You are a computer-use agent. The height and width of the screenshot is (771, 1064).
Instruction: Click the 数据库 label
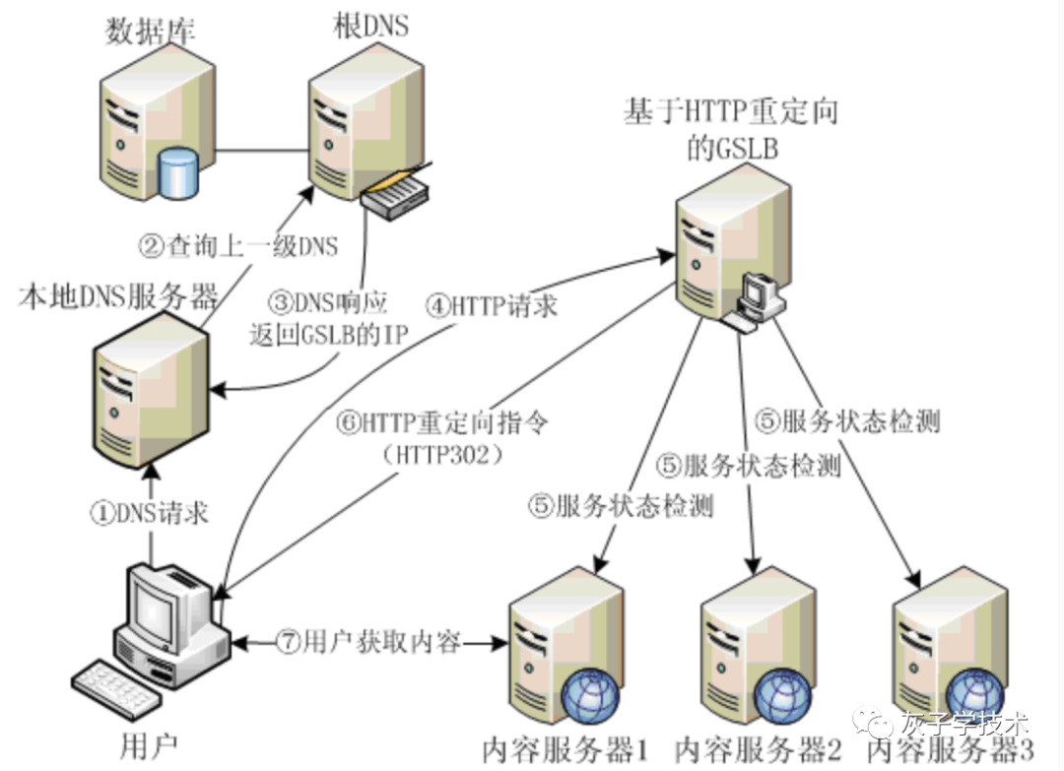click(151, 30)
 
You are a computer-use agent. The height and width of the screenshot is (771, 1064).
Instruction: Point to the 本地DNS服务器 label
click(117, 296)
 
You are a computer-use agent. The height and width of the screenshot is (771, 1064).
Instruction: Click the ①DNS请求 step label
click(150, 513)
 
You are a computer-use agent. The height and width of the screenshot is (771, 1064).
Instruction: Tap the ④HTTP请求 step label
click(491, 305)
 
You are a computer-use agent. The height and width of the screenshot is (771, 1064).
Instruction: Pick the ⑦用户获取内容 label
click(368, 642)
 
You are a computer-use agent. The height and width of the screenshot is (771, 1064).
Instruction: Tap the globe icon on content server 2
click(785, 698)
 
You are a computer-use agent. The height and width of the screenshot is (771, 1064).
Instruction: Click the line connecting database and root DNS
click(261, 152)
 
